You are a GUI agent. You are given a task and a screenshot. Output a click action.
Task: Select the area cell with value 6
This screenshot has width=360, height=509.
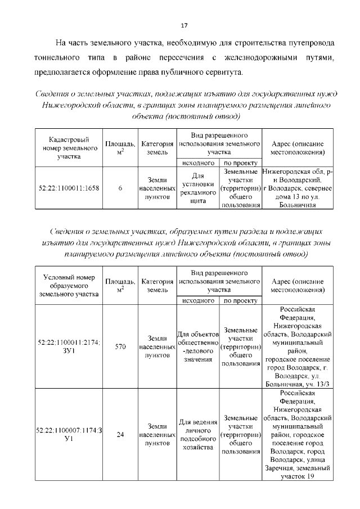[120, 188]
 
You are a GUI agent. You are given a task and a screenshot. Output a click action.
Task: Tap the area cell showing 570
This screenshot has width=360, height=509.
[120, 346]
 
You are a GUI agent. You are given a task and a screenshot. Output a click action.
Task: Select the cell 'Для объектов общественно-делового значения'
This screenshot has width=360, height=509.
[197, 346]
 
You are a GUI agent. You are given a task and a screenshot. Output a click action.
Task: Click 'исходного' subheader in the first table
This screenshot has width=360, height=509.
[197, 163]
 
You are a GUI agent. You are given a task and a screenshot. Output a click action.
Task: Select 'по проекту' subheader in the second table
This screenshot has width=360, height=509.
[240, 300]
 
